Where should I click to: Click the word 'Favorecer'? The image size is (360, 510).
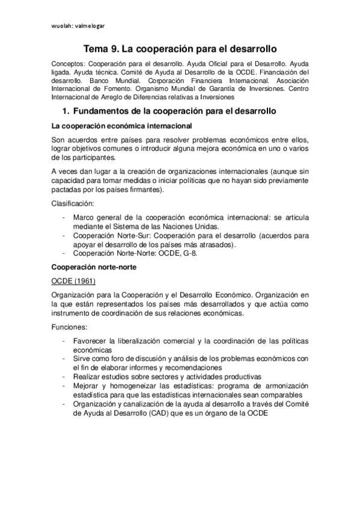(91, 342)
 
